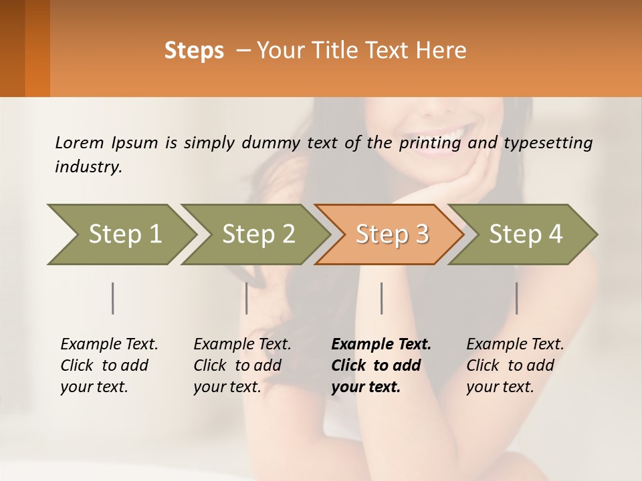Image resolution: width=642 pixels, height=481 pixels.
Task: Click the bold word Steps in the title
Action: coord(194,51)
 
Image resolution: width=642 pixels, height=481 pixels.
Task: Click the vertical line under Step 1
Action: coord(113,298)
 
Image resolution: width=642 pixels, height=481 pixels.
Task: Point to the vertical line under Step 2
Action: coord(247,298)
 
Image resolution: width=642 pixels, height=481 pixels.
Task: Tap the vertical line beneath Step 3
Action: coord(382,298)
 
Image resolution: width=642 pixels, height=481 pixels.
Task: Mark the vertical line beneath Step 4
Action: coord(516,298)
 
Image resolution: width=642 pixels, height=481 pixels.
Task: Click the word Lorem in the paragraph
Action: coord(80,142)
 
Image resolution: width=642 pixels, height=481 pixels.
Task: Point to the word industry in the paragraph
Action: coord(88,167)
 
